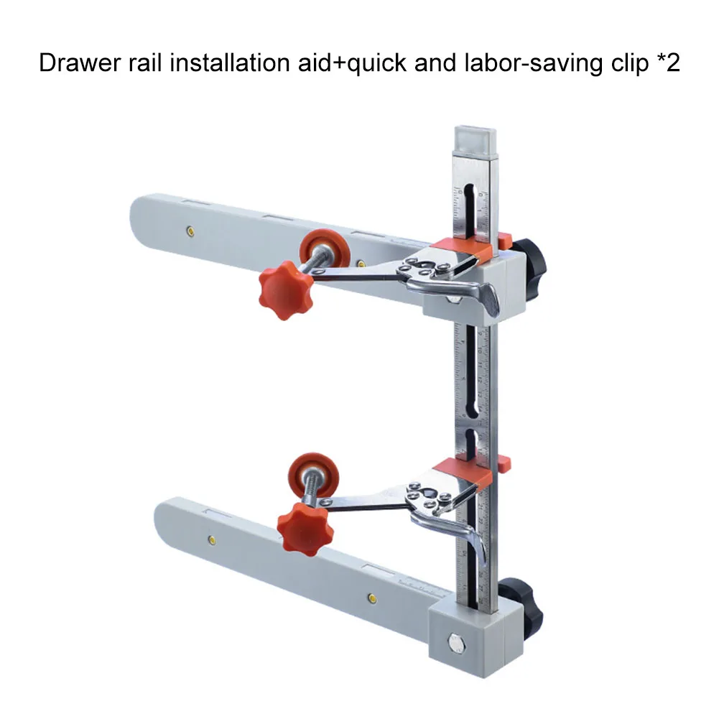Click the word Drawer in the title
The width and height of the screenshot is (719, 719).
point(74,63)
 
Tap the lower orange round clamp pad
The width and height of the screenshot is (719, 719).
point(314,474)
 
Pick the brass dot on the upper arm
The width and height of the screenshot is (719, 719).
point(190,231)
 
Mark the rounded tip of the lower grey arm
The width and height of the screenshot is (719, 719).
point(167,519)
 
